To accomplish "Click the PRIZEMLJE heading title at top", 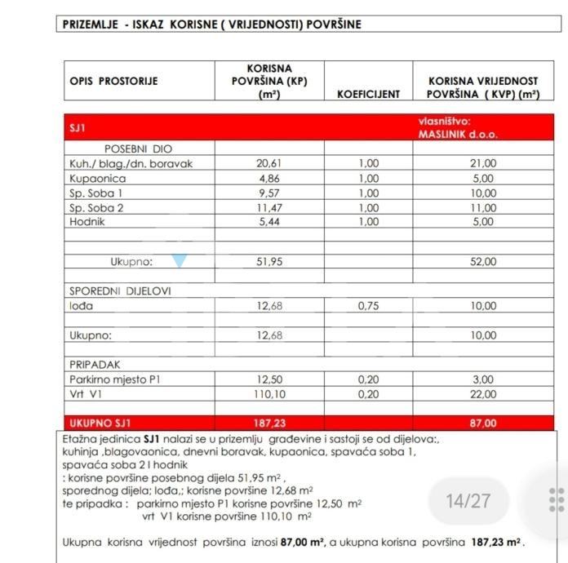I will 211,24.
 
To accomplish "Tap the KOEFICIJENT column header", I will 368,94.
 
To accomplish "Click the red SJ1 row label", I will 78,128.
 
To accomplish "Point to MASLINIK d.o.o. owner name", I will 458,135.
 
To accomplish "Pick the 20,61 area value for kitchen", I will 268,163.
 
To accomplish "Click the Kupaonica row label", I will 98,178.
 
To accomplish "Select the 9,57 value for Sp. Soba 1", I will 268,193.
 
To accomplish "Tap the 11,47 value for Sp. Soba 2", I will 268,207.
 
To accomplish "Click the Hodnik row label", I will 88,221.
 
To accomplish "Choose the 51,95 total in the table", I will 268,262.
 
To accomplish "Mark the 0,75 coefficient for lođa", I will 369,306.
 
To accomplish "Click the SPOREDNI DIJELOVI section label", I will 120,290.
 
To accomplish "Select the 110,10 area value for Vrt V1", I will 268,394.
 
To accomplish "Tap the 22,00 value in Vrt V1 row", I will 483,394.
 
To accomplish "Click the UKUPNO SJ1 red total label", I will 100,423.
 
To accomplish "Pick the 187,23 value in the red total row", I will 268,423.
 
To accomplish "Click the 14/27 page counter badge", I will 468,500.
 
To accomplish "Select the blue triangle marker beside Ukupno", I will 179,261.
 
